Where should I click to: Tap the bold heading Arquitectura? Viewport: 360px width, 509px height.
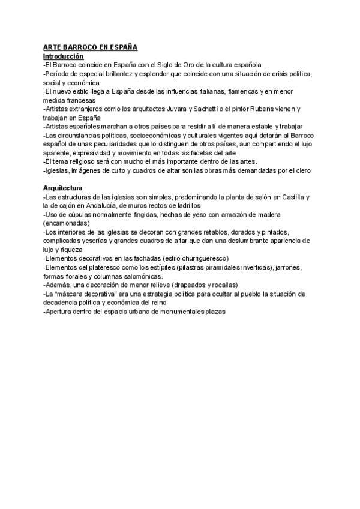63,188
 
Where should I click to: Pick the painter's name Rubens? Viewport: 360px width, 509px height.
289,109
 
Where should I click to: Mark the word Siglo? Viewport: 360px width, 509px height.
158,64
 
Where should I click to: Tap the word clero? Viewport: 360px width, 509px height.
301,171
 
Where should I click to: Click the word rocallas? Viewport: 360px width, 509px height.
223,285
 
